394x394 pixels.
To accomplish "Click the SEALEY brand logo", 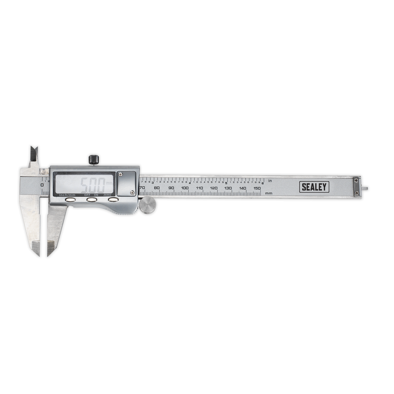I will point(314,187).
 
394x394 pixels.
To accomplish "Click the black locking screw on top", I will point(94,160).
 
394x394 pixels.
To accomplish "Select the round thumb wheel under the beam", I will point(148,206).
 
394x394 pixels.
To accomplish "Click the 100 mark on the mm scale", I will point(185,188).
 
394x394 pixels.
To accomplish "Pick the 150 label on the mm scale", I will point(257,188).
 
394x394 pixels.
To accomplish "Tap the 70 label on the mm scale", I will point(142,188).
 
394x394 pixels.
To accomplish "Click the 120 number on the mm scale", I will point(214,188).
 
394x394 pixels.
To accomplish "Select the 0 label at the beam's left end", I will point(42,185).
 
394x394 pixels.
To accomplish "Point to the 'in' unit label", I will point(270,181).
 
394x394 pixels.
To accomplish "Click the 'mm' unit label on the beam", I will point(269,193).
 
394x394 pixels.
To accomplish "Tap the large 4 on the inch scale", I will point(190,183).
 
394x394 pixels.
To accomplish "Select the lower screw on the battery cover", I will point(132,192).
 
